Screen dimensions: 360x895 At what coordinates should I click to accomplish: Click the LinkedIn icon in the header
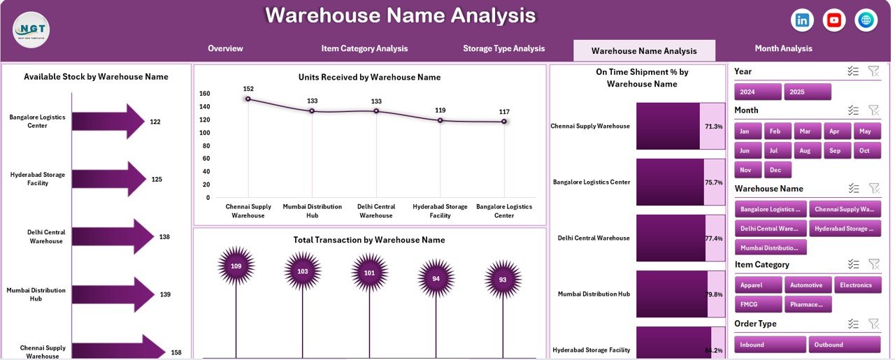(x=802, y=20)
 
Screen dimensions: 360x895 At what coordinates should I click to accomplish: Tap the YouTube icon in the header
(x=834, y=20)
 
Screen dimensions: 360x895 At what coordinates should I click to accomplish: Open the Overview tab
(x=225, y=49)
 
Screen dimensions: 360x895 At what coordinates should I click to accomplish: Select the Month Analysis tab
(x=783, y=49)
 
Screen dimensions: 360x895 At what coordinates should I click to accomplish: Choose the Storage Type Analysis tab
(x=503, y=49)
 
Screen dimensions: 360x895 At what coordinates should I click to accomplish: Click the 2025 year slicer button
(x=808, y=92)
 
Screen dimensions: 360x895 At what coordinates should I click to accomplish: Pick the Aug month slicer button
(x=805, y=150)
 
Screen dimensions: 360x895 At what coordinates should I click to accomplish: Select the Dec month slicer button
(x=777, y=170)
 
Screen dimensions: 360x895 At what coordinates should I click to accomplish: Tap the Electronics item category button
(x=857, y=285)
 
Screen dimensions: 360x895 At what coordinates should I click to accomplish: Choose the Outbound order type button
(x=844, y=345)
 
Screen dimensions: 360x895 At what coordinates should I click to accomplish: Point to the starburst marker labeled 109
(x=236, y=266)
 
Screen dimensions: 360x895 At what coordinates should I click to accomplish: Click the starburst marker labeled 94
(x=436, y=278)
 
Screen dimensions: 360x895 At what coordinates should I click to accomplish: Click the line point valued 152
(x=248, y=99)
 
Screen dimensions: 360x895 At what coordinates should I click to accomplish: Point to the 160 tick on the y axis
(x=204, y=94)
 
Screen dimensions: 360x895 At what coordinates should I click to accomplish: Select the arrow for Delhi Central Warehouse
(x=112, y=237)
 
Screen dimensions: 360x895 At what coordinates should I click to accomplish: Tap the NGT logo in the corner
(x=31, y=30)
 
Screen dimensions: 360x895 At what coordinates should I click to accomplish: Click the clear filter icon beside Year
(x=873, y=71)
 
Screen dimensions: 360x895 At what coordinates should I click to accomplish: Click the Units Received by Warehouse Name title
(x=369, y=78)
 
